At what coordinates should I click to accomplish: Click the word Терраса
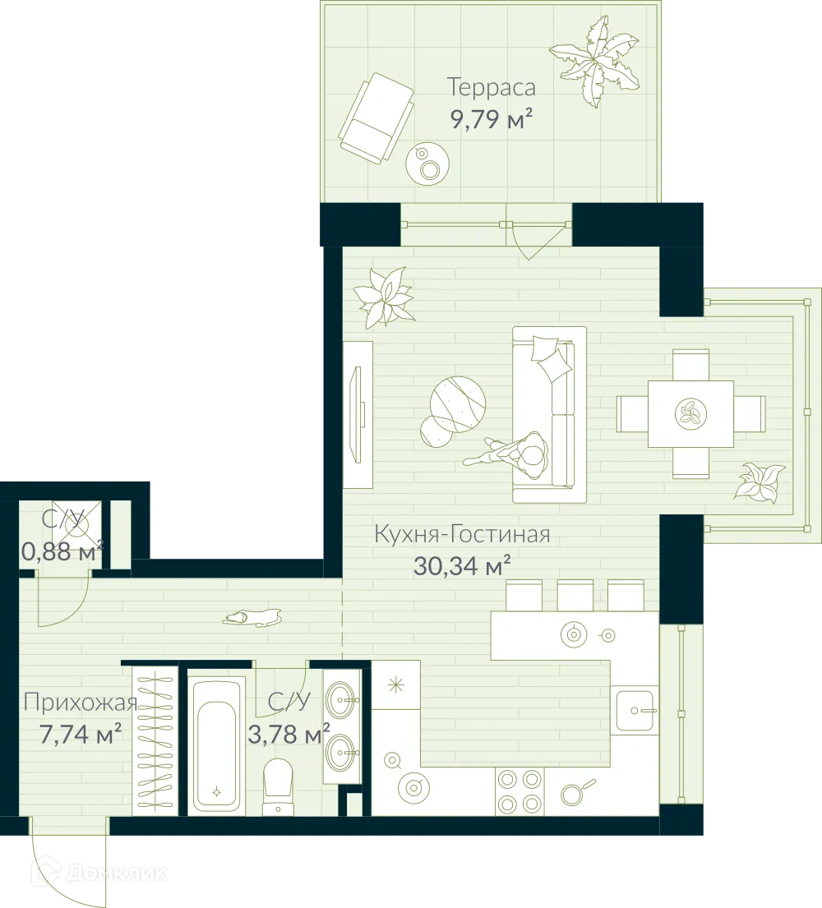click(491, 86)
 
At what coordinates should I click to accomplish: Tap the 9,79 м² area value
click(491, 120)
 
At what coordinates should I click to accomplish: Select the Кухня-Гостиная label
click(461, 535)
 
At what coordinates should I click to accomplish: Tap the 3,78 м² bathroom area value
click(289, 732)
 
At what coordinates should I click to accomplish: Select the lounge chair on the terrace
click(376, 116)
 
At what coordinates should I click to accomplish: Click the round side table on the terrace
click(427, 162)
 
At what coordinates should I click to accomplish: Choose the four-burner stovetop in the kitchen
click(520, 791)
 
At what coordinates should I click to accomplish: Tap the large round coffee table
click(458, 403)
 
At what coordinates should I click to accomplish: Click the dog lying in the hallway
click(254, 617)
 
